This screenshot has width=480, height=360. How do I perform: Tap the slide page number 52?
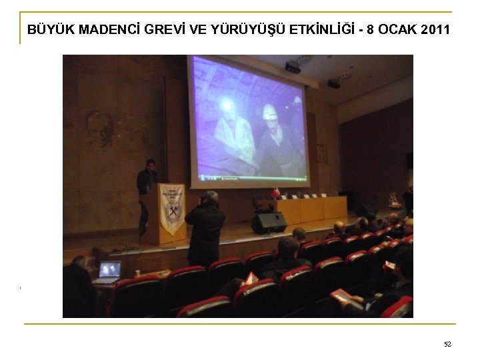pyautogui.click(x=447, y=344)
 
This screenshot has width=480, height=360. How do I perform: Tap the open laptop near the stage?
pyautogui.click(x=109, y=271)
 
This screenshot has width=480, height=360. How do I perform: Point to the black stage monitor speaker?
pyautogui.click(x=269, y=223)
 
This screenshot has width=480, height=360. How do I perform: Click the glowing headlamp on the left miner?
pyautogui.click(x=227, y=104)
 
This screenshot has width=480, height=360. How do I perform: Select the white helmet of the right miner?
pyautogui.click(x=270, y=113)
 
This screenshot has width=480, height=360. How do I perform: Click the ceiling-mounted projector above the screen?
pyautogui.click(x=292, y=67)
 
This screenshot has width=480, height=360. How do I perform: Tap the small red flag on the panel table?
pyautogui.click(x=275, y=193)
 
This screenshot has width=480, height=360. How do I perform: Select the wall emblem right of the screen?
pyautogui.click(x=322, y=153)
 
